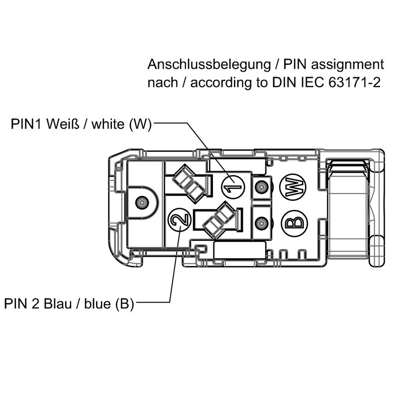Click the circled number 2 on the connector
tap(179, 219)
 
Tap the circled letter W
tap(293, 187)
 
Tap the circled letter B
tap(294, 222)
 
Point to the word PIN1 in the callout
tap(27, 124)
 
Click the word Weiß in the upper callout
tap(61, 124)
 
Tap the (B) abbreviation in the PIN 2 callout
tap(124, 303)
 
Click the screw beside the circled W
tap(260, 188)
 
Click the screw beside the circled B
tap(260, 223)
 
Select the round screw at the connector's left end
tap(142, 202)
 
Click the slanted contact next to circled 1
tap(188, 182)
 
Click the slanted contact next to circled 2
tap(219, 221)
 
